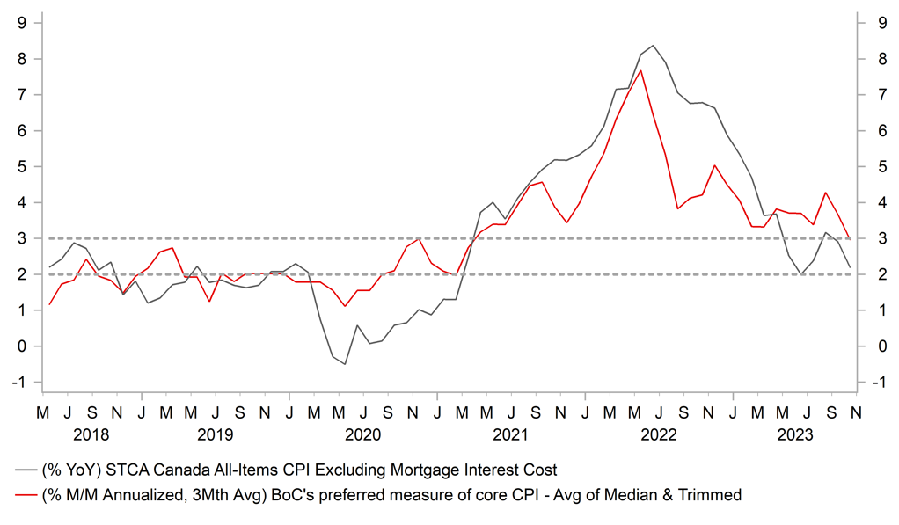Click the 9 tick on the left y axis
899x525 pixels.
pyautogui.click(x=20, y=23)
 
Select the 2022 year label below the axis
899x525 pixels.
pyautogui.click(x=658, y=434)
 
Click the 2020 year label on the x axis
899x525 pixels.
pyautogui.click(x=362, y=434)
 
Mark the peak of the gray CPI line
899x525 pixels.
pyautogui.click(x=652, y=46)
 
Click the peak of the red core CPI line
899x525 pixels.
pyautogui.click(x=640, y=70)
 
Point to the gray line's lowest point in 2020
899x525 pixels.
pyautogui.click(x=345, y=364)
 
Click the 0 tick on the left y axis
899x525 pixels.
pyautogui.click(x=20, y=346)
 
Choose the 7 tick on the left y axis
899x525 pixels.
pyautogui.click(x=20, y=95)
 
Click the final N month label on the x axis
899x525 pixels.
pyautogui.click(x=854, y=412)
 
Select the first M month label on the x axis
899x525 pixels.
pyautogui.click(x=42, y=412)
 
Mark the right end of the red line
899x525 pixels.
pyautogui.click(x=849, y=238)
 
